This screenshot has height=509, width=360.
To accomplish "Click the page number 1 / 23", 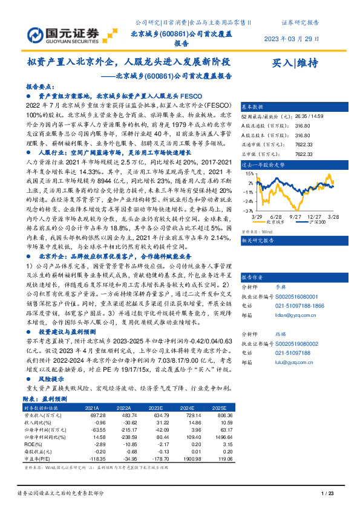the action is (x=326, y=494).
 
